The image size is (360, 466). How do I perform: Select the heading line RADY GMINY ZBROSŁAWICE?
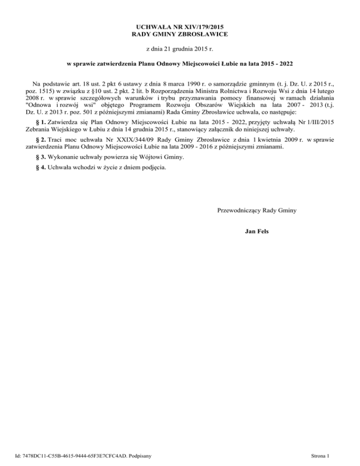tap(180, 35)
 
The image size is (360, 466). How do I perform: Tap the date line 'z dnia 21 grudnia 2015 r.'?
tap(180, 49)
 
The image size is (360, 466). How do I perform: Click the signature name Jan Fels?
tap(257, 231)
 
